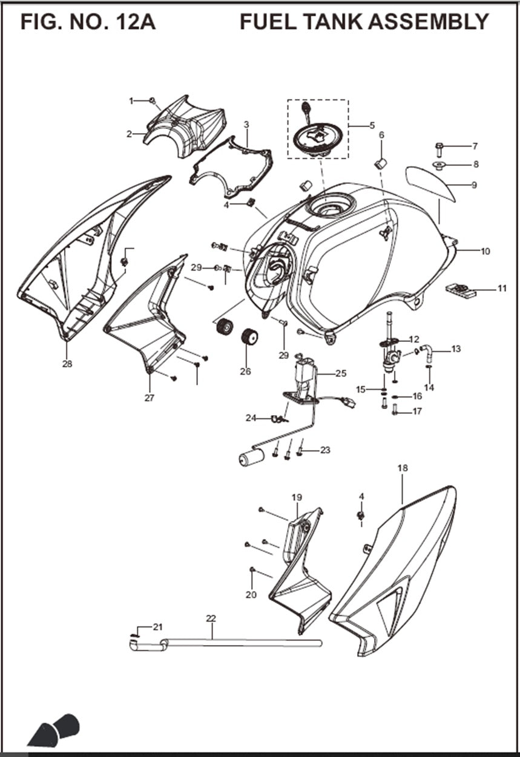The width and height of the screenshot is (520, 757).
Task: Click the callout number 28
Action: pyautogui.click(x=67, y=364)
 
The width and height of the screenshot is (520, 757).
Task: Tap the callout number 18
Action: pyautogui.click(x=403, y=468)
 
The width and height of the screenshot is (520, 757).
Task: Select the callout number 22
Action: pyautogui.click(x=211, y=618)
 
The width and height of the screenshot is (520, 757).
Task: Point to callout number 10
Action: pyautogui.click(x=485, y=251)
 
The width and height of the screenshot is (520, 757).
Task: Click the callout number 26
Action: pyautogui.click(x=245, y=372)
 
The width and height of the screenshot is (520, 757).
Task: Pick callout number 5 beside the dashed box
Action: pyautogui.click(x=372, y=126)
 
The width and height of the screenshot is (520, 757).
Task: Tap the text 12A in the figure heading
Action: pyautogui.click(x=128, y=22)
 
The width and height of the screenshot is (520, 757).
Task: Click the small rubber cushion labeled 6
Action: pyautogui.click(x=381, y=163)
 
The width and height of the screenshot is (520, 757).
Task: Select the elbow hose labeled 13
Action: pyautogui.click(x=427, y=350)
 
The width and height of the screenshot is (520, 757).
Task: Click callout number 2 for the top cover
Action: pyautogui.click(x=129, y=134)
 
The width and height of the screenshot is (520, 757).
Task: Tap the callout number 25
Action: pyautogui.click(x=341, y=373)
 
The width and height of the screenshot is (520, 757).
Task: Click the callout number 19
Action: pyautogui.click(x=297, y=497)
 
